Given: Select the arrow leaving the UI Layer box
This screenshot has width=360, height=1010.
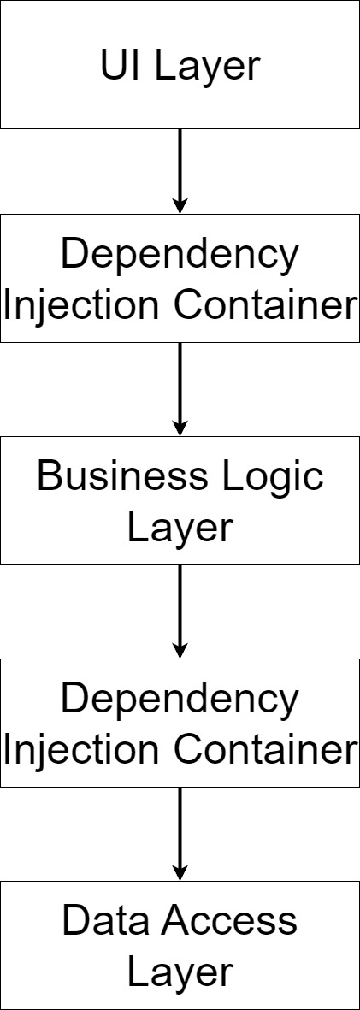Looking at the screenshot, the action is [180, 171].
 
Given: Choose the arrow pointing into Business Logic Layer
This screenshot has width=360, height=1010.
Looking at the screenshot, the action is [180, 389].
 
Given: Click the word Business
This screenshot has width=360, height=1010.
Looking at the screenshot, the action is [122, 477].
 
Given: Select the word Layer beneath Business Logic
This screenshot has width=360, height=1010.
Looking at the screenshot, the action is [180, 529].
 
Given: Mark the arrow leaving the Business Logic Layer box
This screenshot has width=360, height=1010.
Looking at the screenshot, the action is [180, 611].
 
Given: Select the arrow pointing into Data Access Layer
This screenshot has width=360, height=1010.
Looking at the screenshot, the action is [180, 834].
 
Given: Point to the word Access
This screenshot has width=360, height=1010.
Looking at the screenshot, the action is [228, 922].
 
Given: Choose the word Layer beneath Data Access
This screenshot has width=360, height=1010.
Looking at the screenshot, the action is [180, 974].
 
